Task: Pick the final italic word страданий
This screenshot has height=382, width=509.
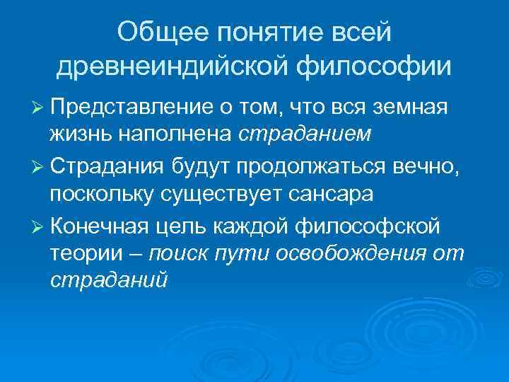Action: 109,279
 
